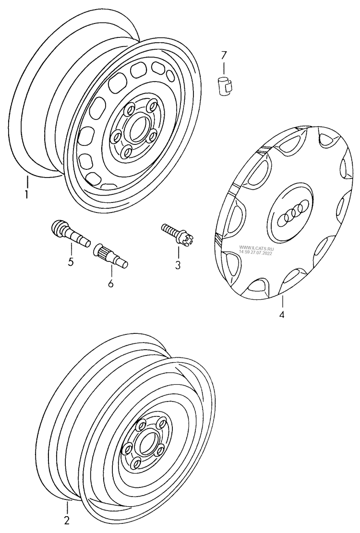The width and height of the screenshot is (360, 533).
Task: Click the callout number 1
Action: (27, 195)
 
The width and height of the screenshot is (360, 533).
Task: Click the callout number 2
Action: (67, 521)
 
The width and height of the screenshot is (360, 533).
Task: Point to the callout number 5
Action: (71, 262)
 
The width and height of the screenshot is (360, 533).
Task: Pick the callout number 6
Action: (110, 284)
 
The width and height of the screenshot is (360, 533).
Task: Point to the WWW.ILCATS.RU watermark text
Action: (255, 249)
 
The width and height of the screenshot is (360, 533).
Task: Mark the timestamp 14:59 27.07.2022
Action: (255, 253)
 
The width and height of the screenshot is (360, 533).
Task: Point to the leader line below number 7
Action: (223, 67)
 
